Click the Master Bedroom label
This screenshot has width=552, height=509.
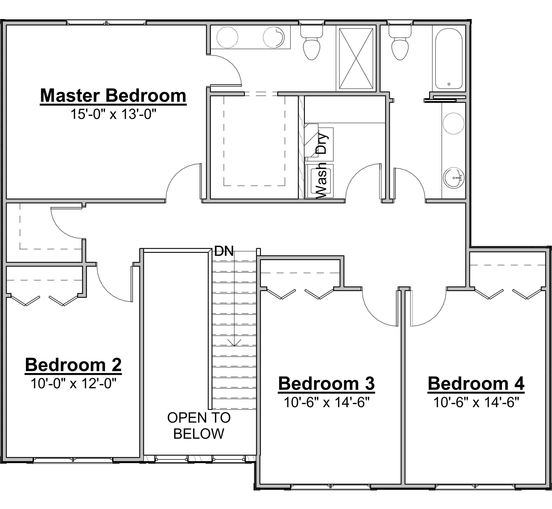coord(113,96)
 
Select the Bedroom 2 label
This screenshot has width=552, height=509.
coord(73,365)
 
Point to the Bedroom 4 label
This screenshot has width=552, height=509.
coord(476,384)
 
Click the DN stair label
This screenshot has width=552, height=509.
coord(224,251)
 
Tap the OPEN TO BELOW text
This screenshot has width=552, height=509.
coord(199,426)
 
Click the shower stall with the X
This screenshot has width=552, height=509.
coord(356,58)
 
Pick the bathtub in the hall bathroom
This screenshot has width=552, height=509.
coord(449,58)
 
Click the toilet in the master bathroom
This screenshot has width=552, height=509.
coord(311,45)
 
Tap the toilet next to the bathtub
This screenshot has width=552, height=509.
coord(400,45)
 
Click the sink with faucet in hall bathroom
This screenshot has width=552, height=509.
coord(454,178)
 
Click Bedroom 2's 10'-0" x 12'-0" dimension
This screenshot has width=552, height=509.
coord(73,383)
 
